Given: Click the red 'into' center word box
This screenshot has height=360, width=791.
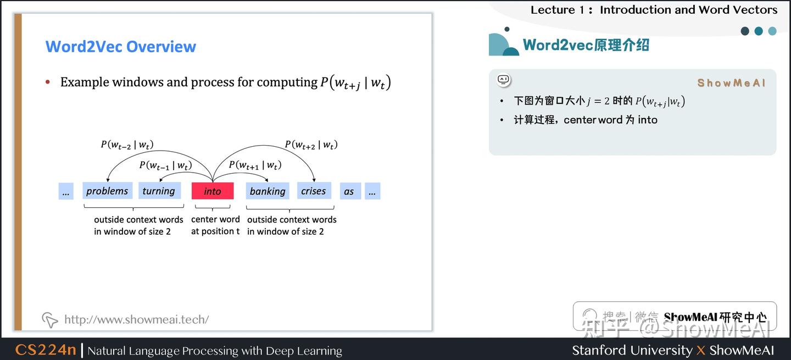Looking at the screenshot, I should [213, 191].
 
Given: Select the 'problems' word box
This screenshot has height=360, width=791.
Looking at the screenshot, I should [107, 191].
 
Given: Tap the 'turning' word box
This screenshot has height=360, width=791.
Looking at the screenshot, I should [159, 191].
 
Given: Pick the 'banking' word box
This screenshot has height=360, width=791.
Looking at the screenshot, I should [268, 191].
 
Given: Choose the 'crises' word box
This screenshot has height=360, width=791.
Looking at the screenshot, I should [314, 191].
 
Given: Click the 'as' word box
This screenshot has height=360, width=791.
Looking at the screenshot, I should [349, 191].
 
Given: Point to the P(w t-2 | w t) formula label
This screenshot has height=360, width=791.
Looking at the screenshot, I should [127, 145].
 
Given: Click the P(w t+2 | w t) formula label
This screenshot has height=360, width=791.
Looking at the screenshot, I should [311, 145].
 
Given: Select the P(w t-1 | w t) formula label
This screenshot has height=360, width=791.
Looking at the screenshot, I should [165, 165].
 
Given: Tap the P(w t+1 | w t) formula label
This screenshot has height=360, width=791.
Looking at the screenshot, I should [255, 165].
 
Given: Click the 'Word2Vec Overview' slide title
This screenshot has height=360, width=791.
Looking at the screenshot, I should [120, 46].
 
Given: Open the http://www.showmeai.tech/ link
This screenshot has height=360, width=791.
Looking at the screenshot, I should [136, 319].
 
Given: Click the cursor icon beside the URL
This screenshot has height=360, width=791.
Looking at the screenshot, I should [50, 319].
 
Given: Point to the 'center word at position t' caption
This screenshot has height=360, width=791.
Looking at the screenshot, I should [215, 225].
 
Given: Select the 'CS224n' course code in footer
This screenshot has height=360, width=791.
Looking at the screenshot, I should [46, 350].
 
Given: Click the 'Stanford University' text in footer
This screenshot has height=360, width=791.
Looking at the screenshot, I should [632, 350].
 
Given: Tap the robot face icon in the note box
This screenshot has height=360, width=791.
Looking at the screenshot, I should [504, 80].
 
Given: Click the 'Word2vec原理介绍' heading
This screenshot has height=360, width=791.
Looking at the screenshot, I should [586, 45].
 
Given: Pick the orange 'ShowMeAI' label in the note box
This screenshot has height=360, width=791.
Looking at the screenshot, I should [731, 83].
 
